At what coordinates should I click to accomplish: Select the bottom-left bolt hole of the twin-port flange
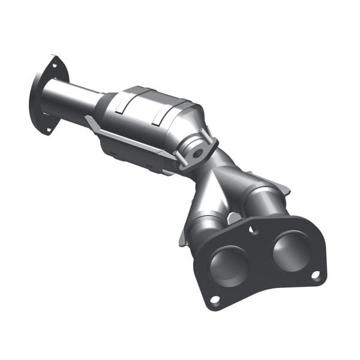tap(215, 298)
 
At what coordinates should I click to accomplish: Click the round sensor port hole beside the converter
tap(196, 152)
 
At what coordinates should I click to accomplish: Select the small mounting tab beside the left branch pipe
tap(184, 238)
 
